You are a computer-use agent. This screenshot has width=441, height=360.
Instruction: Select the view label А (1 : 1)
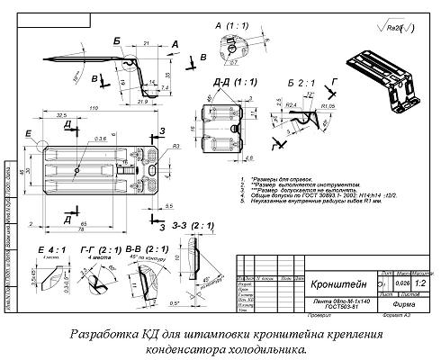pos(232,30)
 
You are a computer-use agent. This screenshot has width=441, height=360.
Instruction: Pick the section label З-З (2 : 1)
pos(204,212)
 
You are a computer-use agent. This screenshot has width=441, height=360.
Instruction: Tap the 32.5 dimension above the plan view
pos(61,116)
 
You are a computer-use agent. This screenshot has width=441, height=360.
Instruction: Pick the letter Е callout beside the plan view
pos(30,132)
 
